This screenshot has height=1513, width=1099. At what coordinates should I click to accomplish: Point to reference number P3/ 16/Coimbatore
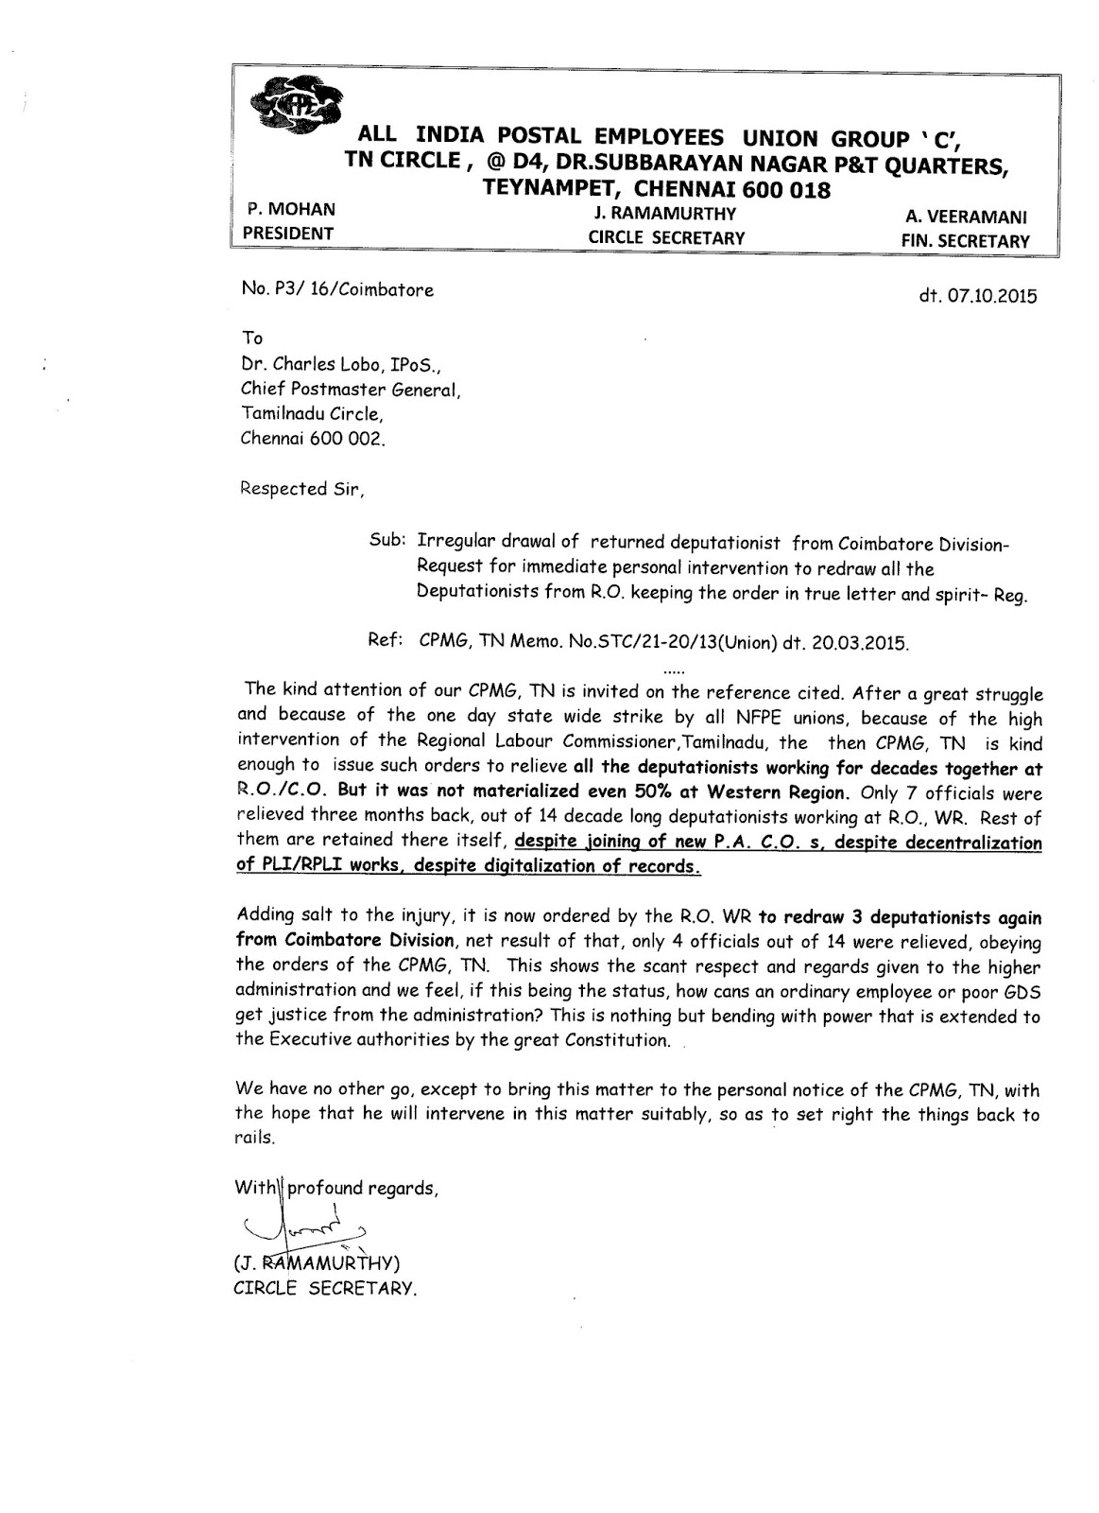click(337, 290)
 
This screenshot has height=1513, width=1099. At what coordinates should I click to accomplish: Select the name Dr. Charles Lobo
click(314, 364)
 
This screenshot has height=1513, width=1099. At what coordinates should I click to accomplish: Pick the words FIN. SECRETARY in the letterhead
click(965, 241)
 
